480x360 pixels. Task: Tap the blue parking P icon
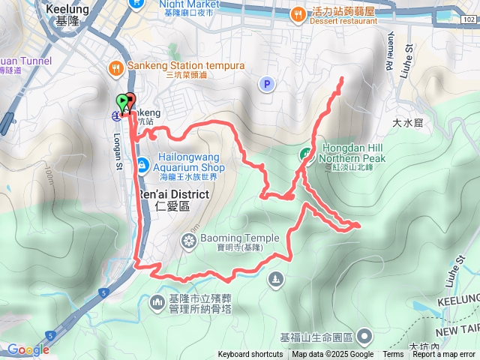(x=266, y=85)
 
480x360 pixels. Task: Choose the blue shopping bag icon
(x=141, y=164)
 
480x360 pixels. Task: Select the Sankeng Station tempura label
(x=187, y=66)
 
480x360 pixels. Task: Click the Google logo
(x=28, y=349)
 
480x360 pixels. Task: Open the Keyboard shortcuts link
(x=250, y=355)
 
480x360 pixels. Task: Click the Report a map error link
(x=445, y=355)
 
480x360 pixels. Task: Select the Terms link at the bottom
(x=393, y=355)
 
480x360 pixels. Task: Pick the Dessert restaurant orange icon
(x=298, y=13)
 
